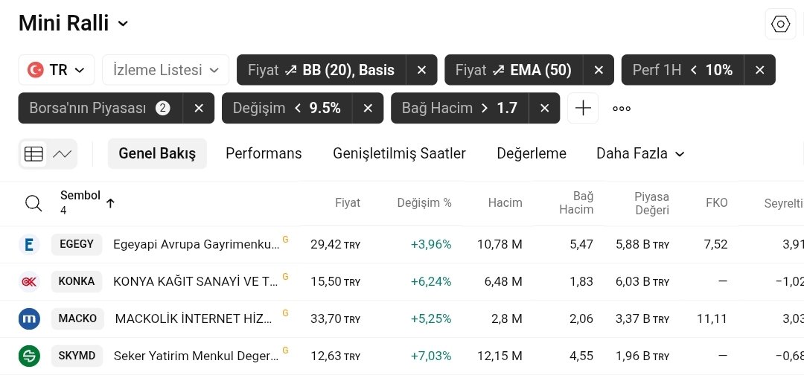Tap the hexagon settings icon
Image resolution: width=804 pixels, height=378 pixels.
[x=780, y=25]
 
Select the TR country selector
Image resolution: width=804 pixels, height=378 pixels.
[x=57, y=70]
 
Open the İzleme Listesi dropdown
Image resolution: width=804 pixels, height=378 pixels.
[x=165, y=70]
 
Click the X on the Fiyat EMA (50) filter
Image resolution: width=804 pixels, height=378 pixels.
[x=599, y=70]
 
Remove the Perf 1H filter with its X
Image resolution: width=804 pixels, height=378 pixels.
[x=759, y=70]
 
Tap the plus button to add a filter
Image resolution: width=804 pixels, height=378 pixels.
[x=583, y=108]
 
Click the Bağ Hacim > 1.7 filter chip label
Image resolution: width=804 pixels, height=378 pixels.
[x=459, y=108]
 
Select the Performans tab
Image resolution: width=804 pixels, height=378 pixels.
[x=264, y=153]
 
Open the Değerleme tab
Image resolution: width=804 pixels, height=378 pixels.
[x=532, y=153]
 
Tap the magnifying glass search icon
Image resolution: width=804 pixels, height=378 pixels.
[x=33, y=203]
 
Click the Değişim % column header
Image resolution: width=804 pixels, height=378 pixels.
[x=424, y=202]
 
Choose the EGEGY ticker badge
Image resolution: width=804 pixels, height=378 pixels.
[x=77, y=244]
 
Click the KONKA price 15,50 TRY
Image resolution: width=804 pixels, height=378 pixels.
[x=335, y=281]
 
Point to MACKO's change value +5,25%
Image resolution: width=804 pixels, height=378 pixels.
[x=431, y=318]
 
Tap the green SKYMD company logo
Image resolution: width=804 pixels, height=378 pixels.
[x=29, y=356]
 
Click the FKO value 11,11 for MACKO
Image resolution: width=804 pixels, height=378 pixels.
[x=712, y=318]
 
